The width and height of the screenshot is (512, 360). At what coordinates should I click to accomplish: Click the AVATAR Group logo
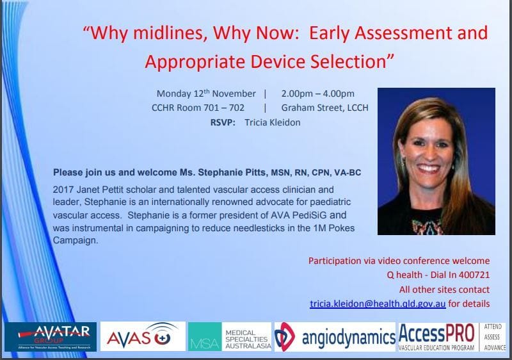(x=51, y=336)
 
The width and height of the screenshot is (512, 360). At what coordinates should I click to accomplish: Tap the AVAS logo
(x=143, y=336)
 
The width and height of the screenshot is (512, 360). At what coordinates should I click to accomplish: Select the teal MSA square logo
(x=205, y=337)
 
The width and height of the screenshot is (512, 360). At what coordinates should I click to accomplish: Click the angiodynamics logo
(x=335, y=337)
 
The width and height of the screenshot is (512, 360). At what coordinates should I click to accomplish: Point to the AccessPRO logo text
(x=436, y=334)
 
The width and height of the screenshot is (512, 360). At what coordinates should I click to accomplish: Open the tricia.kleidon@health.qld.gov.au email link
(x=378, y=304)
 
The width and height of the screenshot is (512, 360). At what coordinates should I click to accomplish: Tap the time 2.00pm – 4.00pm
(x=317, y=94)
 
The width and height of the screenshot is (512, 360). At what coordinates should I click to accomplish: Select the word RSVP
(x=223, y=122)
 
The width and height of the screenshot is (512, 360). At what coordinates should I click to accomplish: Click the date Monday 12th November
(x=206, y=94)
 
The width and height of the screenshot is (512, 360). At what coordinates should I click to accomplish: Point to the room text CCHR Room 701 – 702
(x=198, y=108)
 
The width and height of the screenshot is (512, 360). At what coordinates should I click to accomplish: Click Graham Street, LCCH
(x=325, y=108)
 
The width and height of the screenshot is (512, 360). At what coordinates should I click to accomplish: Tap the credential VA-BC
(x=348, y=172)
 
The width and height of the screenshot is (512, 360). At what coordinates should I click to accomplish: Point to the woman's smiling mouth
(x=428, y=168)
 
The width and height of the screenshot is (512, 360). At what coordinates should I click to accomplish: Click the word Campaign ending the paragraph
(x=76, y=241)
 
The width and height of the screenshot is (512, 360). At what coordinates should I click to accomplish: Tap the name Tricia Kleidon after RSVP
(x=273, y=122)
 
